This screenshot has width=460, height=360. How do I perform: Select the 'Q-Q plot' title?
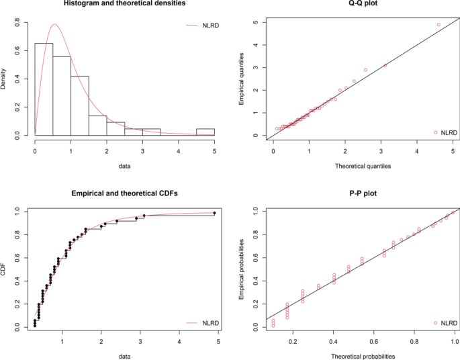point(363,4)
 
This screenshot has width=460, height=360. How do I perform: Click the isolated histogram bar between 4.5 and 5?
point(205,132)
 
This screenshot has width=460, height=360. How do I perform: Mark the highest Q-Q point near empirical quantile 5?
point(439,25)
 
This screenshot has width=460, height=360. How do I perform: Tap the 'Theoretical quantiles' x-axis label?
point(363,165)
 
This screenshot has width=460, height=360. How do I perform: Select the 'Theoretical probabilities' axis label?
point(363,355)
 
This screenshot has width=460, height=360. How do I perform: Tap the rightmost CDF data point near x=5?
point(214,213)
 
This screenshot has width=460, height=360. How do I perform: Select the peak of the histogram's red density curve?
point(54,25)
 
